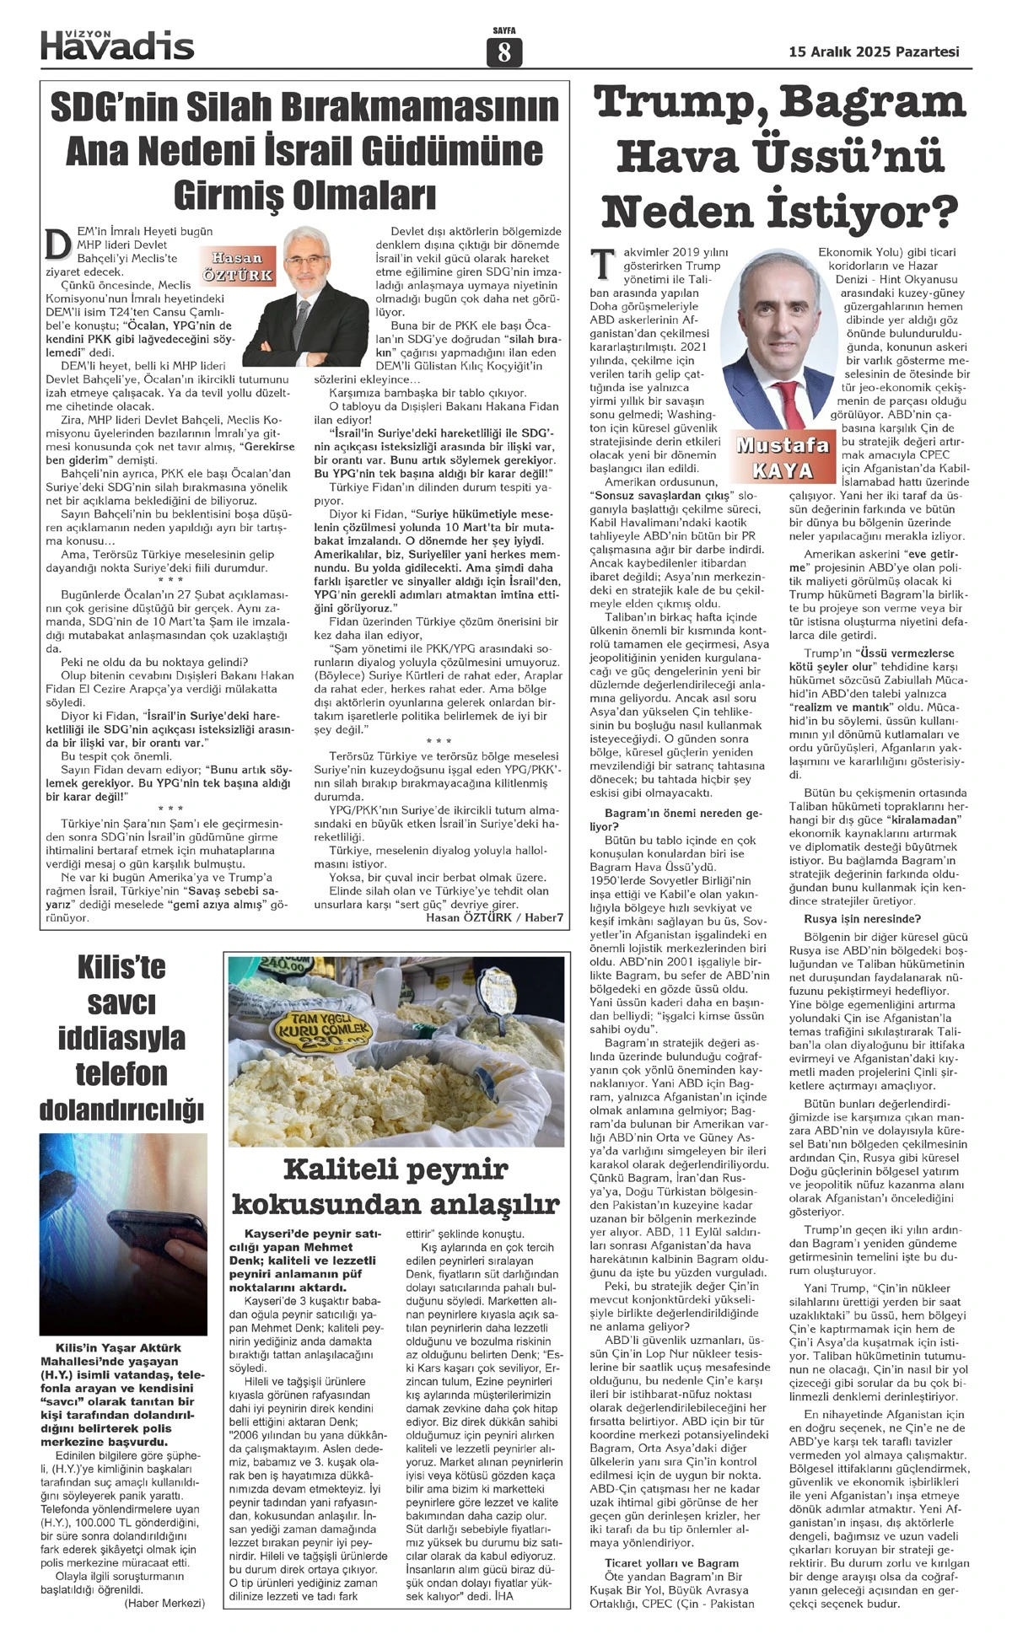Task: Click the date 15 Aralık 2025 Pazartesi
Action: (874, 51)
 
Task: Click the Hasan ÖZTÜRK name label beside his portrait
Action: (238, 266)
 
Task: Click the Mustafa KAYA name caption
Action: (783, 457)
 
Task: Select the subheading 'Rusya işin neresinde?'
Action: (850, 919)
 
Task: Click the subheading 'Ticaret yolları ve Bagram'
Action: (671, 1563)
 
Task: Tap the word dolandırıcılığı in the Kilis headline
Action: (121, 1110)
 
